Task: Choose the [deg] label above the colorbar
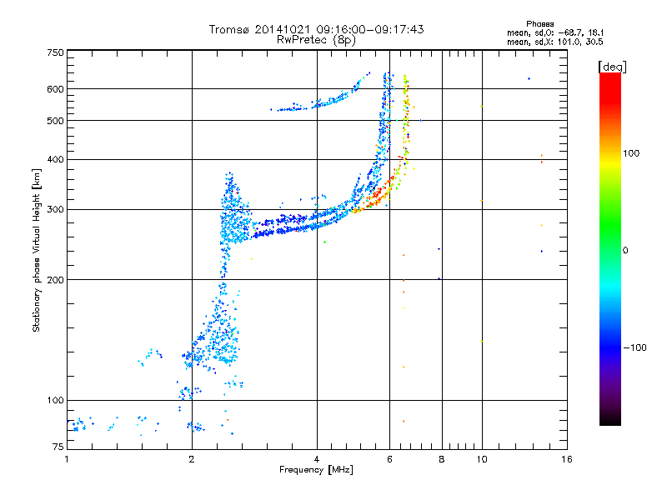click(613, 66)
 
